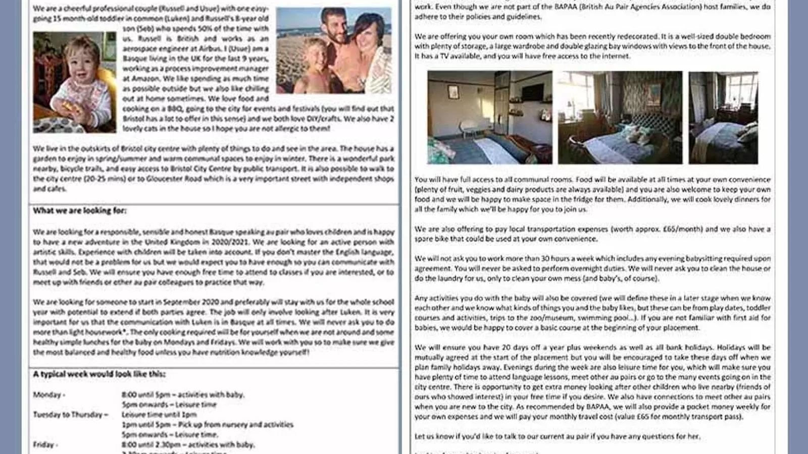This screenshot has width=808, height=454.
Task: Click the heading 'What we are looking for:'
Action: click(80, 211)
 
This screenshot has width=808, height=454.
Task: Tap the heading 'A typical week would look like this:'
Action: click(99, 374)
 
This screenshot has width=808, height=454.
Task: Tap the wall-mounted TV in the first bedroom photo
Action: click(532, 92)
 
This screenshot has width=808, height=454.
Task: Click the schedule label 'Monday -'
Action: click(49, 394)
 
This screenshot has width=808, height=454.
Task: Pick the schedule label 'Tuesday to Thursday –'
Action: click(71, 415)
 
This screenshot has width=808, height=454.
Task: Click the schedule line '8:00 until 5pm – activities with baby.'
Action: click(183, 394)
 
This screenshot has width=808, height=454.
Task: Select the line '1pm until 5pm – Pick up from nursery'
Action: click(207, 425)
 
